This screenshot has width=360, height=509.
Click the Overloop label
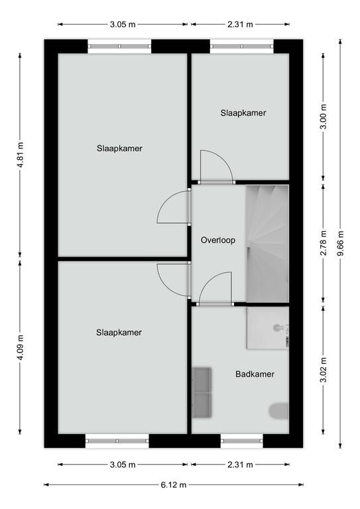pyautogui.click(x=218, y=240)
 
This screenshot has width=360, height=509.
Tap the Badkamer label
pyautogui.click(x=255, y=374)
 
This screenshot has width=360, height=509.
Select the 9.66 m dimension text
pyautogui.click(x=340, y=243)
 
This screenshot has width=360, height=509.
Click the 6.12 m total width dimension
pyautogui.click(x=174, y=484)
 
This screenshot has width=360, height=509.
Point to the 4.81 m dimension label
pyautogui.click(x=20, y=155)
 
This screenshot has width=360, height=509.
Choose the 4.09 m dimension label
pyautogui.click(x=20, y=347)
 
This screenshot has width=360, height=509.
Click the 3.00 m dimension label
pyautogui.click(x=324, y=117)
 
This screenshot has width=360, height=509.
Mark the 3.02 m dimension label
pyautogui.click(x=324, y=370)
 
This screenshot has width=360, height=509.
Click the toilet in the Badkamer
pyautogui.click(x=279, y=411)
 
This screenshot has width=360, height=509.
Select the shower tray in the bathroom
pyautogui.click(x=267, y=328)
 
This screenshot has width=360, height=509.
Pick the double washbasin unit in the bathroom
pyautogui.click(x=202, y=392)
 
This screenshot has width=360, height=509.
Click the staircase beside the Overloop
pyautogui.click(x=267, y=244)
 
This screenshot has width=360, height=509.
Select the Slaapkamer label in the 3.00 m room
pyautogui.click(x=243, y=113)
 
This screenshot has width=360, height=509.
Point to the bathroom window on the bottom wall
pyautogui.click(x=242, y=441)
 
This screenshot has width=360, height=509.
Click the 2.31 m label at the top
pyautogui.click(x=240, y=24)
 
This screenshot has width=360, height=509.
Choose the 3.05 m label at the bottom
pyautogui.click(x=123, y=465)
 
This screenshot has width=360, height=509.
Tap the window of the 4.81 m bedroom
pyautogui.click(x=119, y=46)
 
